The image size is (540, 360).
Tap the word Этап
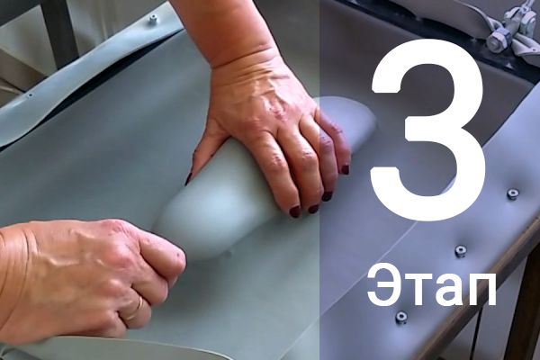coord(431,285)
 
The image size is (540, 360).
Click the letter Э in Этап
coord(383,285)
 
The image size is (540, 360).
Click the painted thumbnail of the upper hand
coord(189,178)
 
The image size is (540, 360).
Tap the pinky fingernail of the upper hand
coord(345,169)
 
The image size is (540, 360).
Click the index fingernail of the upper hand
coord(295,211)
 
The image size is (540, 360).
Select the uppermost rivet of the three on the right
coord(513,194)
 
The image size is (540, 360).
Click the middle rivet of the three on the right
coord(461,251)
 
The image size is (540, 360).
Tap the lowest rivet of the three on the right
coord(401,316)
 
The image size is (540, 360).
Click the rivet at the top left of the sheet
coord(152,19)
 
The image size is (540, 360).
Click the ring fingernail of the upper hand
coord(327,196)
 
